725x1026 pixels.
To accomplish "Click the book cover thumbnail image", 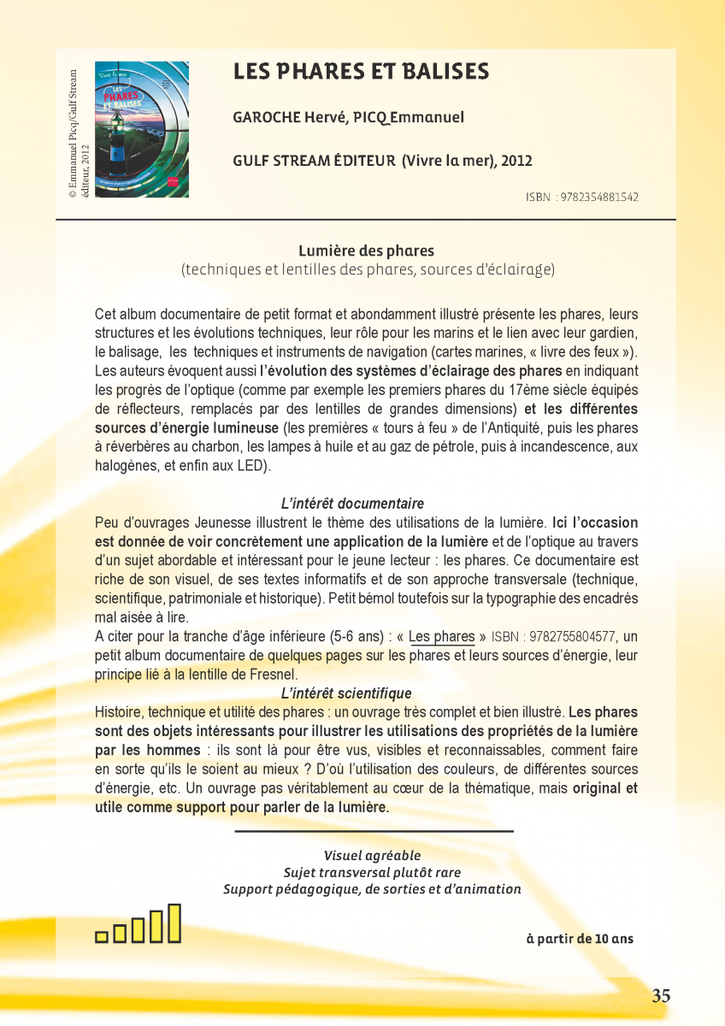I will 141,128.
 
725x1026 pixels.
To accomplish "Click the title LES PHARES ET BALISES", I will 361,72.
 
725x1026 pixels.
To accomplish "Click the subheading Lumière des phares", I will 366,251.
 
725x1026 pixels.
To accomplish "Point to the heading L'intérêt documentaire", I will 352,504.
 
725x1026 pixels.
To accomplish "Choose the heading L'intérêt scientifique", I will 346,693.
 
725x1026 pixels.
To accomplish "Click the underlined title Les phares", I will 441,636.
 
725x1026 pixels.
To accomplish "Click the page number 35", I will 661,995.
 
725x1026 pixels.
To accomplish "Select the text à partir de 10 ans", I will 580,938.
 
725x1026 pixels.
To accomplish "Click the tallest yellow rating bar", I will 174,923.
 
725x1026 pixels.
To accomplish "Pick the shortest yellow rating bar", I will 101,936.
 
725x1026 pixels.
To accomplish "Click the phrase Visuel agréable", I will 372,855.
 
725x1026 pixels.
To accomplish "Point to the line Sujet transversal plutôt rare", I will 372,872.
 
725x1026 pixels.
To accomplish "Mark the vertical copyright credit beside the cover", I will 79,134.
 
